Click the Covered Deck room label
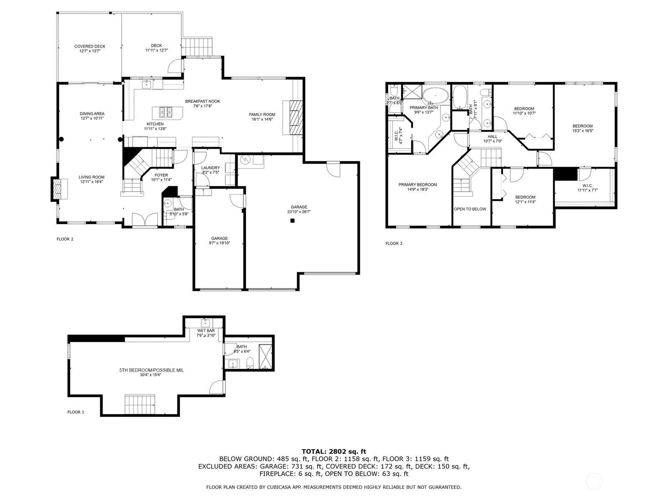click(x=90, y=46)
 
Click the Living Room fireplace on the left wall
click(x=57, y=189)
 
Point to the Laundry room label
click(x=210, y=167)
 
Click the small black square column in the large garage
click(x=293, y=221)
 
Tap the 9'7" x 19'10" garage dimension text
click(x=220, y=243)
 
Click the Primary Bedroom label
click(x=417, y=185)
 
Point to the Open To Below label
click(x=470, y=209)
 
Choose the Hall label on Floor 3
click(x=492, y=137)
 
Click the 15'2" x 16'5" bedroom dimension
click(x=583, y=131)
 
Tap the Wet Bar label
click(x=206, y=331)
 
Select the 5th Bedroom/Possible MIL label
click(x=152, y=370)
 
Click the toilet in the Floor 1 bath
click(x=250, y=363)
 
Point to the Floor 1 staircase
click(x=140, y=404)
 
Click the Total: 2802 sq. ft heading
click(x=334, y=451)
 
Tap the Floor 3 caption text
click(x=394, y=243)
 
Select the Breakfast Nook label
click(x=202, y=101)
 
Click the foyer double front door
click(x=145, y=219)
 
